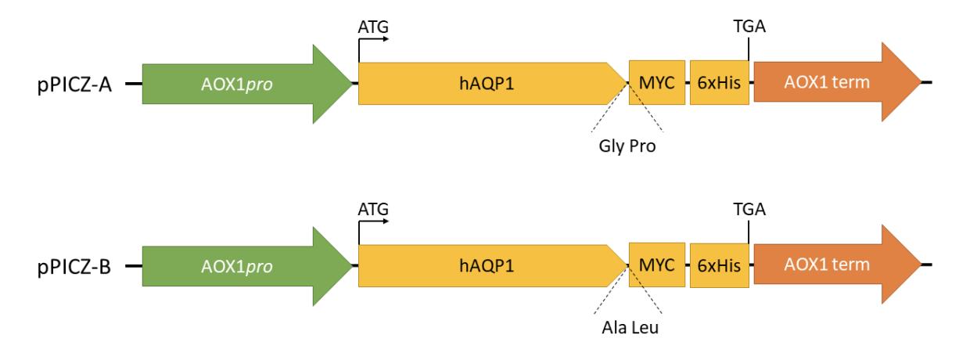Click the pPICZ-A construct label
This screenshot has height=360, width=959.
(x=74, y=85)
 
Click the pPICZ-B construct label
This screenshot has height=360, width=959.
(x=74, y=267)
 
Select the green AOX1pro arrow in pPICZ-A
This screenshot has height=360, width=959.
(x=247, y=84)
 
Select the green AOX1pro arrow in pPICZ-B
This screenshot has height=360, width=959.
(x=247, y=266)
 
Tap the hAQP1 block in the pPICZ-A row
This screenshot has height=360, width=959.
(x=492, y=83)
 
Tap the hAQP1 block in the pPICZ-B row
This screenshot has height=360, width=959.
(x=492, y=266)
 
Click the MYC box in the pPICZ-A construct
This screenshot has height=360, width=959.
(x=657, y=82)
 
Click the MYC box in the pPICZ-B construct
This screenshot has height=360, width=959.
(x=657, y=265)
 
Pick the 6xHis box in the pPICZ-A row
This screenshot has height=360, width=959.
(x=720, y=82)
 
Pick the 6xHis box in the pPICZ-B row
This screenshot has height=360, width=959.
(x=720, y=265)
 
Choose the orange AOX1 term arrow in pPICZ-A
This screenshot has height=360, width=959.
(x=837, y=82)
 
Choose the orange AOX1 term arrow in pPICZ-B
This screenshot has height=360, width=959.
(x=837, y=265)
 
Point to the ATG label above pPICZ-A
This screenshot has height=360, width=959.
(x=373, y=27)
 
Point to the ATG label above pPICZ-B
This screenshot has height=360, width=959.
(x=373, y=210)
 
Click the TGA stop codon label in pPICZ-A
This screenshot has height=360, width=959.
(x=749, y=26)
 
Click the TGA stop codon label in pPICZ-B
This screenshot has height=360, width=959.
(x=749, y=209)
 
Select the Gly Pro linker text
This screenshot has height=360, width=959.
(x=627, y=146)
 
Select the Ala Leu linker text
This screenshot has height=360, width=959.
(x=630, y=328)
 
